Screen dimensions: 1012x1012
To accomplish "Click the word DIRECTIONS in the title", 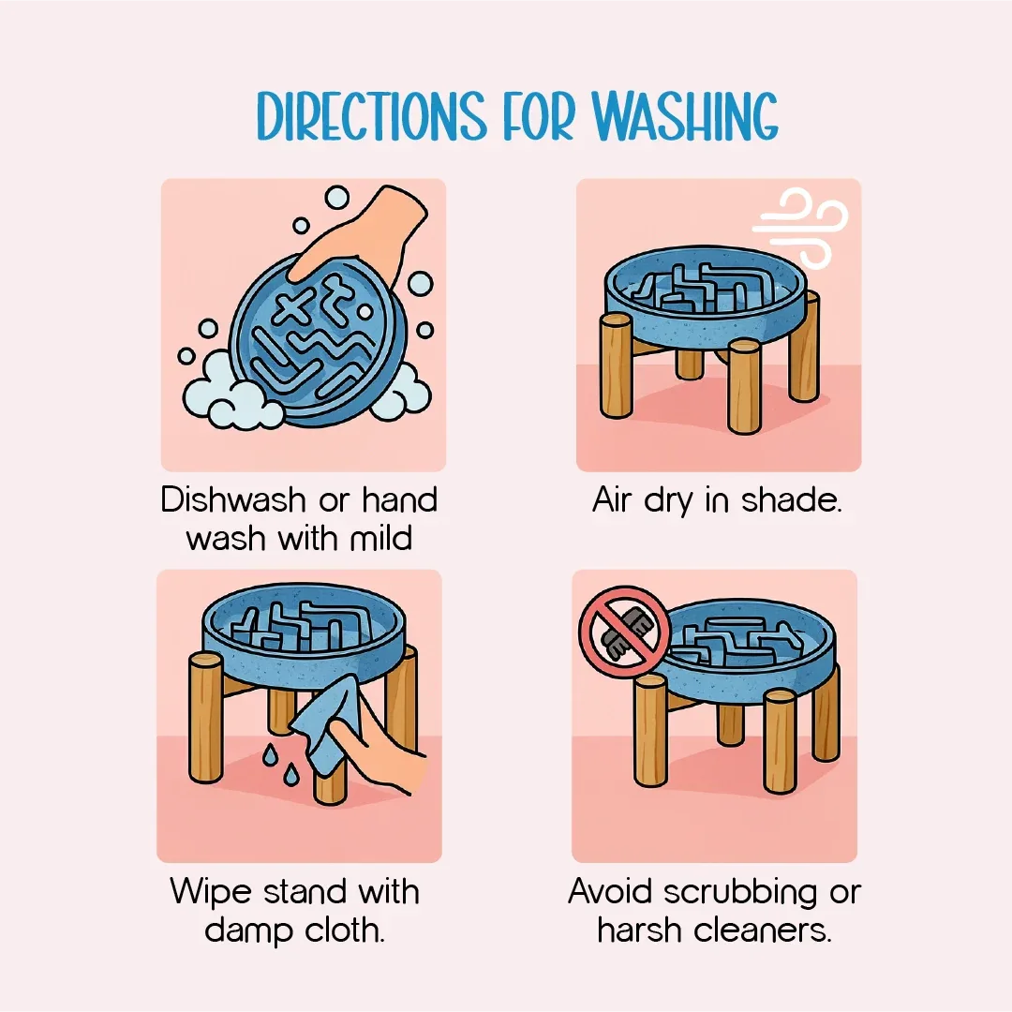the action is pyautogui.click(x=371, y=115).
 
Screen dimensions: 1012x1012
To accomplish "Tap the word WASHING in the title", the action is pyautogui.click(x=685, y=115).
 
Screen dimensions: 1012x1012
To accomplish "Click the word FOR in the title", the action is pyautogui.click(x=538, y=116).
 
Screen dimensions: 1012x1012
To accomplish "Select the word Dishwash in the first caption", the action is pyautogui.click(x=233, y=499).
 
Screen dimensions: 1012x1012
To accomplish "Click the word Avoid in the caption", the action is pyautogui.click(x=611, y=891).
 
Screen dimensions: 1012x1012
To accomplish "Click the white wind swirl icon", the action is pyautogui.click(x=800, y=228).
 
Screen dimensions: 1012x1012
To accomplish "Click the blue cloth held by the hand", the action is pyautogui.click(x=322, y=722).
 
